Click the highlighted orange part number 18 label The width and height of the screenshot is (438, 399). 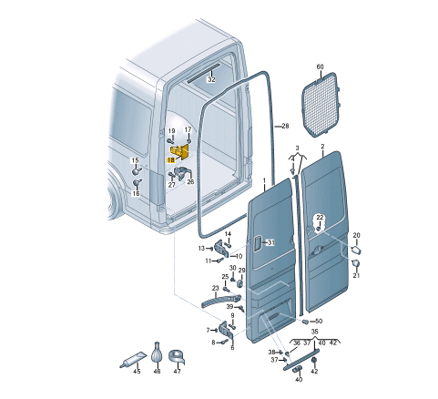tap(171, 159)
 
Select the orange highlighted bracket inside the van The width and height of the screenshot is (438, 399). tap(180, 151)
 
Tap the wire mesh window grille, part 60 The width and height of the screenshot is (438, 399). tap(320, 105)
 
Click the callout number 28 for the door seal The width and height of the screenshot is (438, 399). tap(285, 126)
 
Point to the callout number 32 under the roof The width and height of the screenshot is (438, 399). tap(211, 79)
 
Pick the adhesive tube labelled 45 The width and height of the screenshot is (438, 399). tap(133, 359)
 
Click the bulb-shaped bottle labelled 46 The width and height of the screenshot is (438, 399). tap(157, 353)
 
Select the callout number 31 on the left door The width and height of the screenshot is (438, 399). tap(270, 242)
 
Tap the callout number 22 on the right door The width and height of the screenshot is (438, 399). tap(320, 218)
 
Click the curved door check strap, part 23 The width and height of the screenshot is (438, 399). tap(221, 302)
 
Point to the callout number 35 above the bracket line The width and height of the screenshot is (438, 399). tap(315, 332)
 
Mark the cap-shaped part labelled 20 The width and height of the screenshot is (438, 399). tap(356, 251)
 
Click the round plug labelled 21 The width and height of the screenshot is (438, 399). tap(356, 263)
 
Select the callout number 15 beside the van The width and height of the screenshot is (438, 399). tap(135, 160)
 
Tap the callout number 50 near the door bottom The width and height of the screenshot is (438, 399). tap(319, 321)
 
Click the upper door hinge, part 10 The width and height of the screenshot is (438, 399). tap(223, 249)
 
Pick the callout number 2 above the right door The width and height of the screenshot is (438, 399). tap(322, 147)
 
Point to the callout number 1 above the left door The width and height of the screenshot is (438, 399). tap(264, 180)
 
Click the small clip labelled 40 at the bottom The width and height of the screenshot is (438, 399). tap(298, 369)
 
